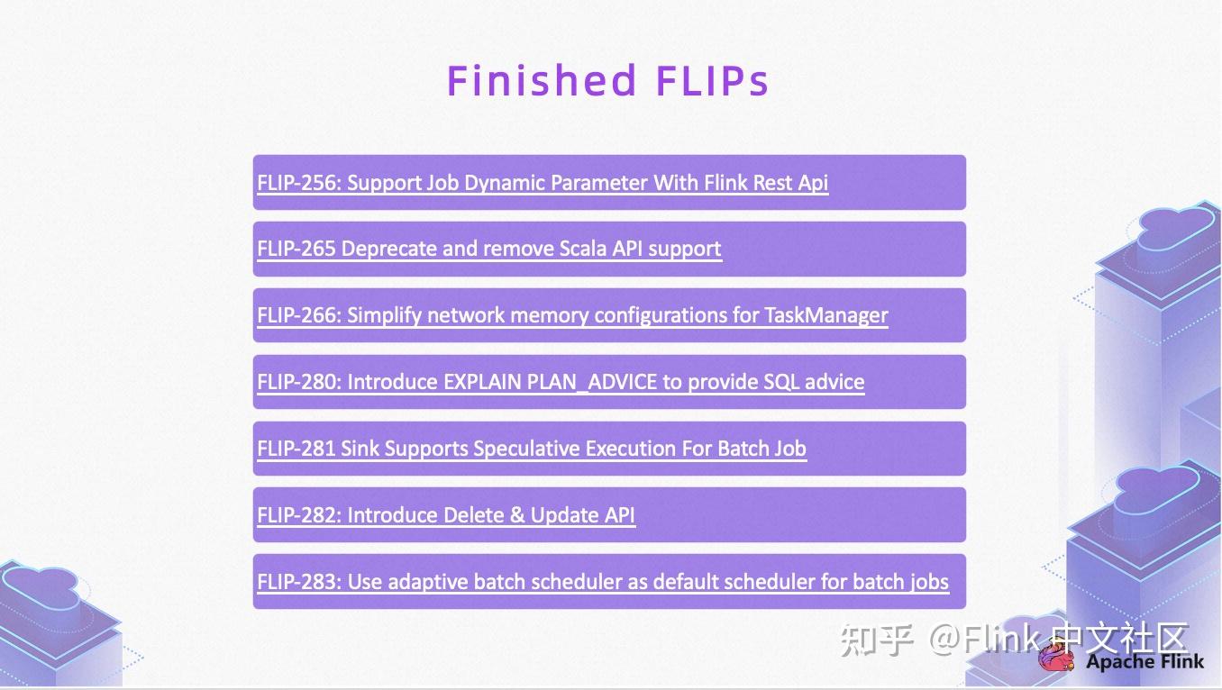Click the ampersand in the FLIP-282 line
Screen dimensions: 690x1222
[x=516, y=515]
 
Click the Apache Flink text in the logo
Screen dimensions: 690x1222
[x=1144, y=662]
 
